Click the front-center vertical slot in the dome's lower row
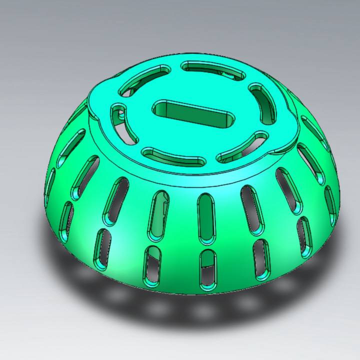point(207,270)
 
